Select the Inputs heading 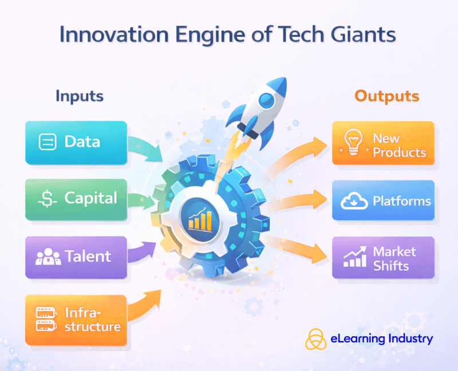tap(80, 96)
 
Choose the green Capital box tap(76, 199)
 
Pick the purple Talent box tap(76, 257)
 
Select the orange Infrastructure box tap(76, 319)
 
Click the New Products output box tap(383, 145)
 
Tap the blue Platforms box tap(383, 201)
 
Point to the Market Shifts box tap(383, 259)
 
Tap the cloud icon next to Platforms tap(353, 202)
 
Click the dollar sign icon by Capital tap(46, 199)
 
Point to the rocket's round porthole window tap(264, 99)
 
